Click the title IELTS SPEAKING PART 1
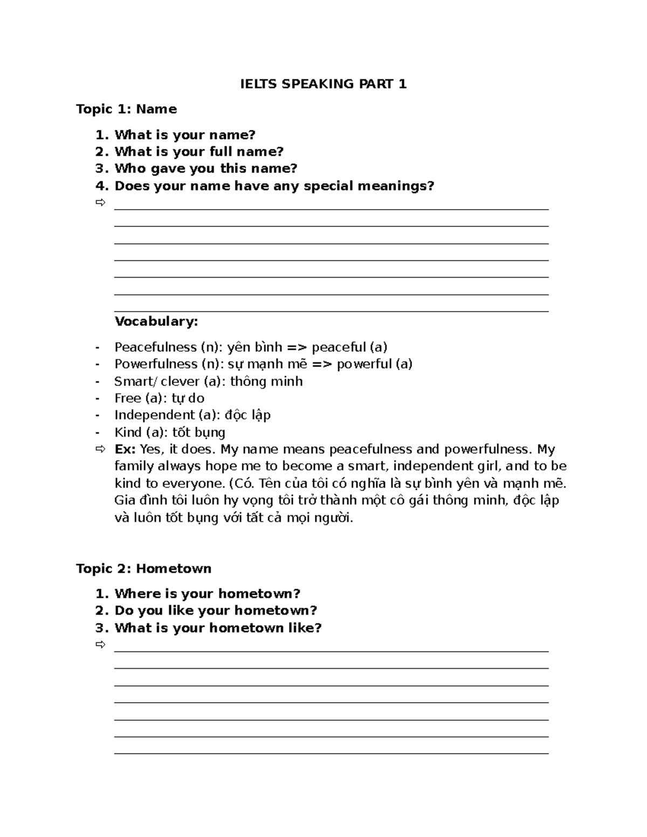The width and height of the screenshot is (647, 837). pyautogui.click(x=323, y=84)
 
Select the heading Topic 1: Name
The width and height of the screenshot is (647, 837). pyautogui.click(x=126, y=109)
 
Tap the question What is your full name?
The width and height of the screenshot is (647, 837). pyautogui.click(x=199, y=151)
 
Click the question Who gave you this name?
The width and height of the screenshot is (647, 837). pyautogui.click(x=205, y=169)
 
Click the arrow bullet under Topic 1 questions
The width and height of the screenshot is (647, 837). pyautogui.click(x=100, y=203)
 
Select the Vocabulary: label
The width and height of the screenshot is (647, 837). pyautogui.click(x=156, y=322)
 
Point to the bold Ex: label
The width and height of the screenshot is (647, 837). pyautogui.click(x=125, y=449)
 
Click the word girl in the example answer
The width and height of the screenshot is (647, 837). pyautogui.click(x=489, y=466)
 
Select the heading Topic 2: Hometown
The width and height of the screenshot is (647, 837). pyautogui.click(x=143, y=569)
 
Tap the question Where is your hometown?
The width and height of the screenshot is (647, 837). pyautogui.click(x=207, y=594)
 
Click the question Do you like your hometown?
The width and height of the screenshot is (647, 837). pyautogui.click(x=216, y=611)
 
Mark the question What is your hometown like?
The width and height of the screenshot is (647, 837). pyautogui.click(x=218, y=628)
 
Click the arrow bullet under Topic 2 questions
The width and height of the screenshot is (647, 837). pyautogui.click(x=100, y=645)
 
